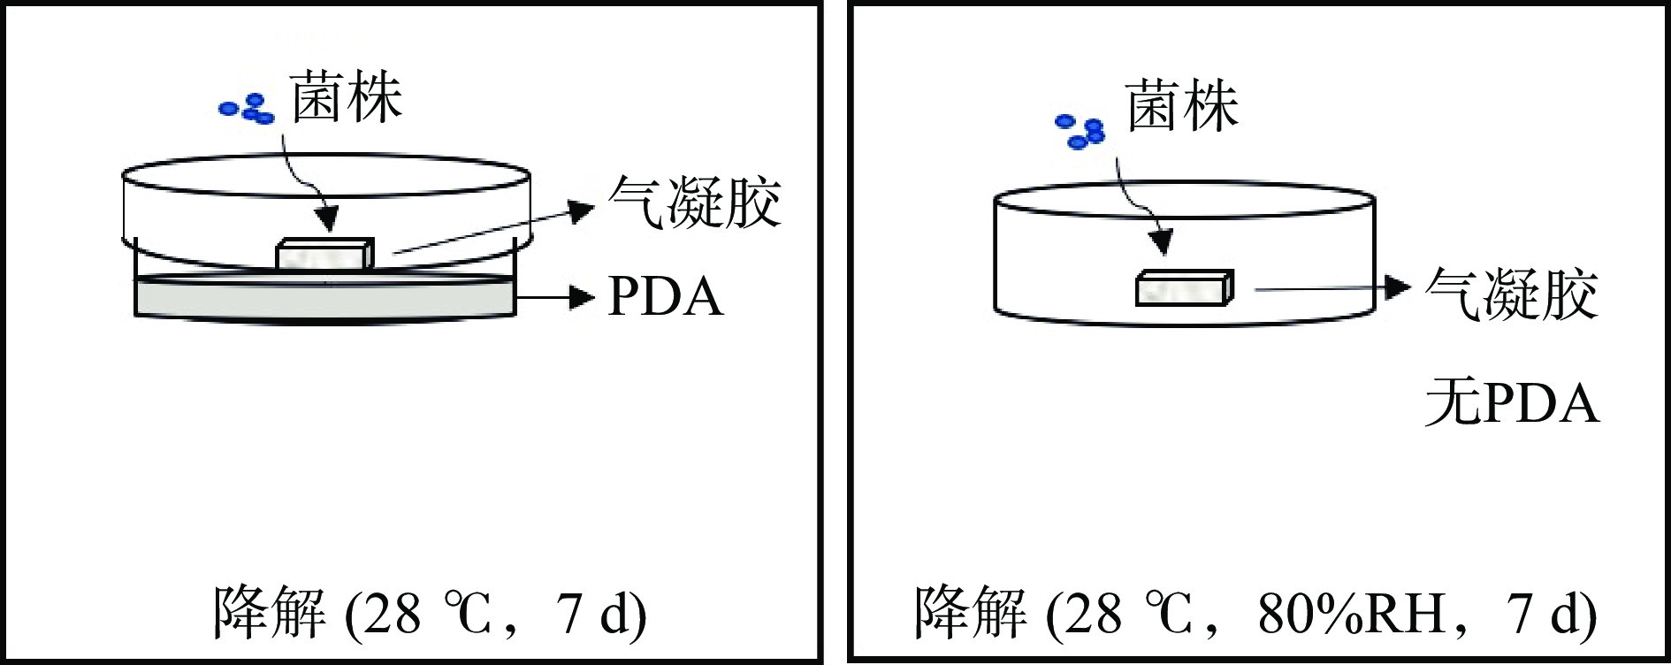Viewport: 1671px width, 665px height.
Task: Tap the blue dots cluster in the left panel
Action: (248, 108)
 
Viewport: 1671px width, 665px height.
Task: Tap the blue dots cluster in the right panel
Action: (1081, 131)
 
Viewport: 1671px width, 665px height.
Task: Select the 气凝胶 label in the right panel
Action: (1511, 294)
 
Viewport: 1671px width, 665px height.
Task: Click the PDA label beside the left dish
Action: (665, 297)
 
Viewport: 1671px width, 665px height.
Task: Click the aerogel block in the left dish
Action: (324, 254)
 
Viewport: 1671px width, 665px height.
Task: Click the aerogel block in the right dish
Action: (1183, 288)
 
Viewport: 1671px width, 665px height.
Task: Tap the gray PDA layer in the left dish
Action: (324, 296)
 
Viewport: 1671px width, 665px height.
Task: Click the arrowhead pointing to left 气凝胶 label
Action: (580, 211)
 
